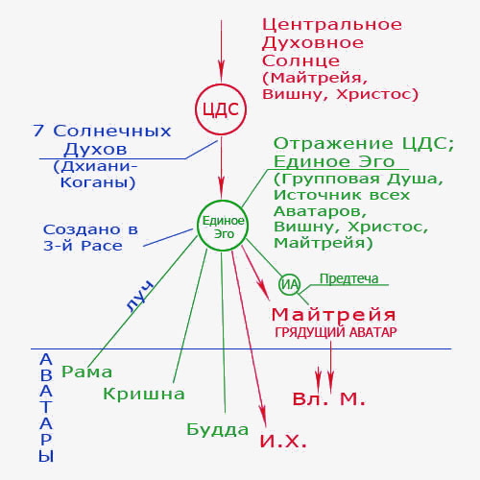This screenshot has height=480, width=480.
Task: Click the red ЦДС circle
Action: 221,84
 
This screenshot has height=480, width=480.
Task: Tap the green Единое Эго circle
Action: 223,201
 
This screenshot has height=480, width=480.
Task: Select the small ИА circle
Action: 290,275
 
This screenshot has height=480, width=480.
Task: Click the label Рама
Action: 86,372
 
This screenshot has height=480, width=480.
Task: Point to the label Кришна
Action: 144,394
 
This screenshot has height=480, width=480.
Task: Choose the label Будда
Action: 217,429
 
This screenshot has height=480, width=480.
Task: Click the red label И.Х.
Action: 283,442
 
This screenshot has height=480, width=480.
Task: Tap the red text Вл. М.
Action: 328,398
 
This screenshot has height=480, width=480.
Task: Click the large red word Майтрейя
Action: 334,315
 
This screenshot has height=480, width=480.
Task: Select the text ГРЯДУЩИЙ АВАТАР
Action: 336,332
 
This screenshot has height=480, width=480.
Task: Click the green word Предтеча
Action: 348,278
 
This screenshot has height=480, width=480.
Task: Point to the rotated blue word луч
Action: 139,296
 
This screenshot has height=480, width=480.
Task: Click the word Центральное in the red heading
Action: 332,25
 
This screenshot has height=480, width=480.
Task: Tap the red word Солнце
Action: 300,60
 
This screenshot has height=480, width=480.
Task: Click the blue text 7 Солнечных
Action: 102,131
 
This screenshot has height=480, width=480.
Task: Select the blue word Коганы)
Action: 98,182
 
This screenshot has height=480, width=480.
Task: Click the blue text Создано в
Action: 90,229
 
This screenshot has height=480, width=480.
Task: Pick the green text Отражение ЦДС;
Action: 364,143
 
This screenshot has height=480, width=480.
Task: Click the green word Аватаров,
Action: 320,211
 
